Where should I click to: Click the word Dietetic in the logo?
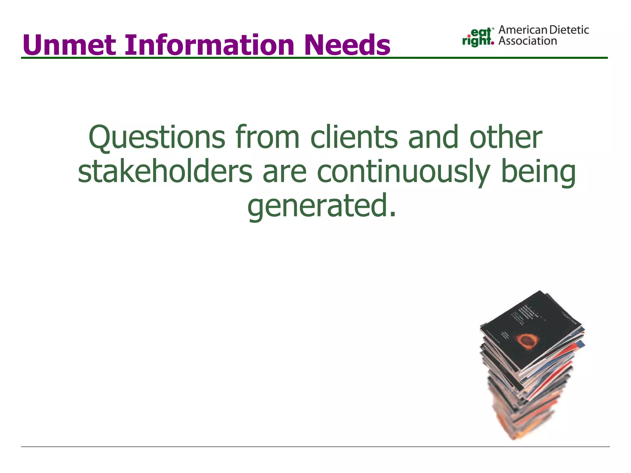click(x=569, y=30)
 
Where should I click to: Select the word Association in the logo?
click(x=527, y=41)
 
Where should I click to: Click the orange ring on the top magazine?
click(x=527, y=340)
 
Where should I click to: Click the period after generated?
click(x=392, y=214)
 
